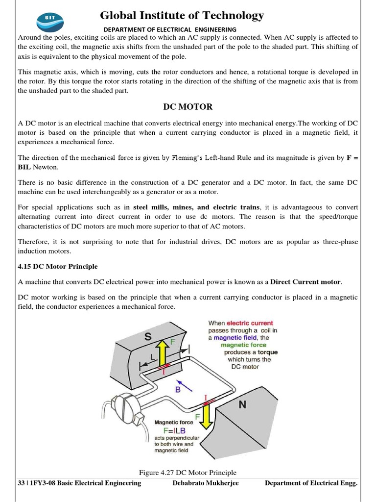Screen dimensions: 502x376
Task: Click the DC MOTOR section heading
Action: (x=188, y=106)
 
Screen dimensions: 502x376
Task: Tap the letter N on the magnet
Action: (x=242, y=405)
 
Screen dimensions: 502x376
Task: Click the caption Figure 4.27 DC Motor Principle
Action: (x=188, y=473)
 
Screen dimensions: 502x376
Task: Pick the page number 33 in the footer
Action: (x=21, y=483)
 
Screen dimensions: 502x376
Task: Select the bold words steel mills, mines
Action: (x=164, y=207)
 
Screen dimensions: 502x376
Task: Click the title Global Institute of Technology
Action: (x=182, y=16)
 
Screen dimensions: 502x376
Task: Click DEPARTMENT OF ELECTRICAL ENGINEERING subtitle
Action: (x=170, y=29)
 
